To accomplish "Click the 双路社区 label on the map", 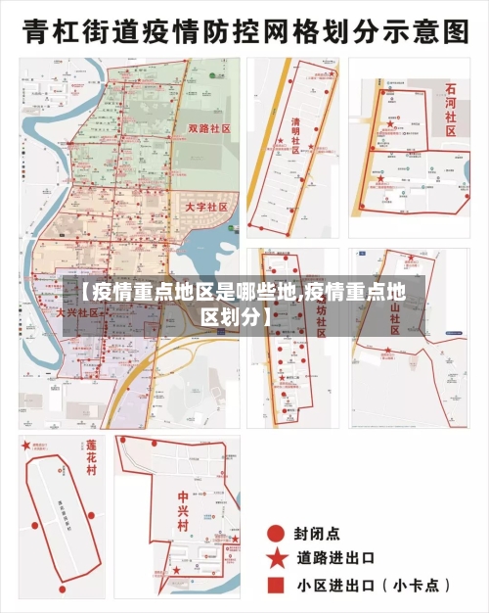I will (207, 128).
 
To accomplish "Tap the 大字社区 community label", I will (205, 208).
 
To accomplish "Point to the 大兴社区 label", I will (77, 312).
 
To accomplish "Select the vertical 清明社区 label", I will (296, 136).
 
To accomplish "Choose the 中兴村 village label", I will (183, 510).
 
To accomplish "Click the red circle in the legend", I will (277, 533).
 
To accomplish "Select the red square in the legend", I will (277, 585).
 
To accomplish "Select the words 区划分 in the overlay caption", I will (230, 316).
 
